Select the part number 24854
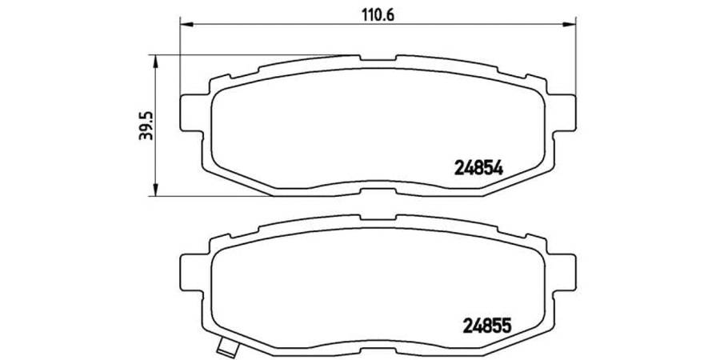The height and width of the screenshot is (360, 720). pyautogui.click(x=478, y=168)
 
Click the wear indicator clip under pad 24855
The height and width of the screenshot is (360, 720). pyautogui.click(x=230, y=349)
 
